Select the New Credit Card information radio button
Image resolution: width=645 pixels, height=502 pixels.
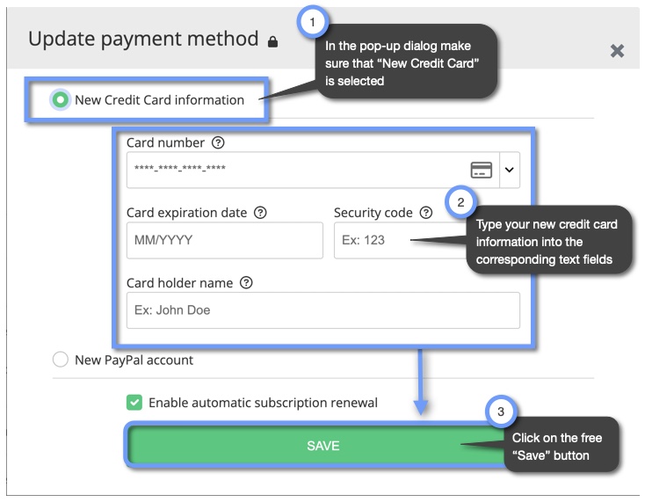[61, 100]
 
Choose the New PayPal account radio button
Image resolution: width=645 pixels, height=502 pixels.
[61, 360]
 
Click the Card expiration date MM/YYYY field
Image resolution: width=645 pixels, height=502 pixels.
[224, 240]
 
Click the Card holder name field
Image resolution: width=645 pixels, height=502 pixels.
[322, 310]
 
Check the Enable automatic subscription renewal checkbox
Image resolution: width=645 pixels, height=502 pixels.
[134, 403]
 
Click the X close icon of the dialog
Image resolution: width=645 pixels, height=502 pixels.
[617, 51]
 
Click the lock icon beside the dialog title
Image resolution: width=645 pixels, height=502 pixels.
[272, 41]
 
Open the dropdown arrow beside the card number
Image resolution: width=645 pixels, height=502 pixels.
[509, 170]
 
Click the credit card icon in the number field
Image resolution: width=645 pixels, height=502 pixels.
[481, 170]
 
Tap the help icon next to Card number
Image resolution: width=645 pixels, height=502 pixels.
[219, 142]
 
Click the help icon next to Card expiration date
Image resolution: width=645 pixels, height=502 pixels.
[260, 213]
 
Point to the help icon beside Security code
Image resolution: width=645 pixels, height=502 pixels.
[426, 213]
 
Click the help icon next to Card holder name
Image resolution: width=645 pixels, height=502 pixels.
[246, 283]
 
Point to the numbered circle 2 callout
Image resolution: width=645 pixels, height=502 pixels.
[460, 203]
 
